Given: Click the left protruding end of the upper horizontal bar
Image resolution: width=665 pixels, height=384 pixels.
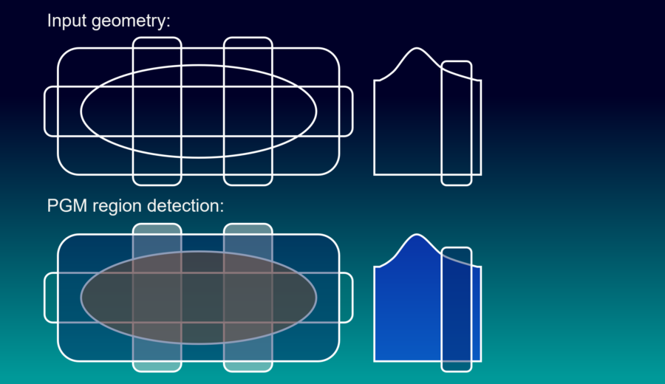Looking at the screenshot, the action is (51, 112).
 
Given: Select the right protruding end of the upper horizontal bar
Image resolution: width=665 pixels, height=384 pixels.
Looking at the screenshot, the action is (346, 112).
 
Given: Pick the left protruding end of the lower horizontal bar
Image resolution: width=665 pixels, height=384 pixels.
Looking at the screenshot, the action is (51, 298).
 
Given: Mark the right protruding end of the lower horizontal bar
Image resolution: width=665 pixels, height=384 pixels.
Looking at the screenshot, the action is (346, 298).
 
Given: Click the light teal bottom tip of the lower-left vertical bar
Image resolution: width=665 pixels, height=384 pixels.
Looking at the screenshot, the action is (157, 366).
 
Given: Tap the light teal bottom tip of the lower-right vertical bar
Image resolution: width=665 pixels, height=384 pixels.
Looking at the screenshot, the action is (248, 366).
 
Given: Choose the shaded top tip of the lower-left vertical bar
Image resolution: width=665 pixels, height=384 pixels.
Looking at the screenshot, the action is (157, 229).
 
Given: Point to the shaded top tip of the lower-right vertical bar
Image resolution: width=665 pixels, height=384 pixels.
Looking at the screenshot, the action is (248, 229).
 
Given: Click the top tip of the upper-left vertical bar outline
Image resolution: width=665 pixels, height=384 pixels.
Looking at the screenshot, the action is (157, 43).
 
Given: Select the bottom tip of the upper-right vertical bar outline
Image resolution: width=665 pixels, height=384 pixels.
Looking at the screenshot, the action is (248, 180).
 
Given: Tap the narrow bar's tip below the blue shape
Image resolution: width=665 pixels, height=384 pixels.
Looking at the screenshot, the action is (457, 366).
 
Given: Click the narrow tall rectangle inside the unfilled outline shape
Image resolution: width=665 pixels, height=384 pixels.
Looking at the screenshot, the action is (457, 123).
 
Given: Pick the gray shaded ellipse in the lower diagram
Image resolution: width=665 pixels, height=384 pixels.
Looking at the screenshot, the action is (199, 298).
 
